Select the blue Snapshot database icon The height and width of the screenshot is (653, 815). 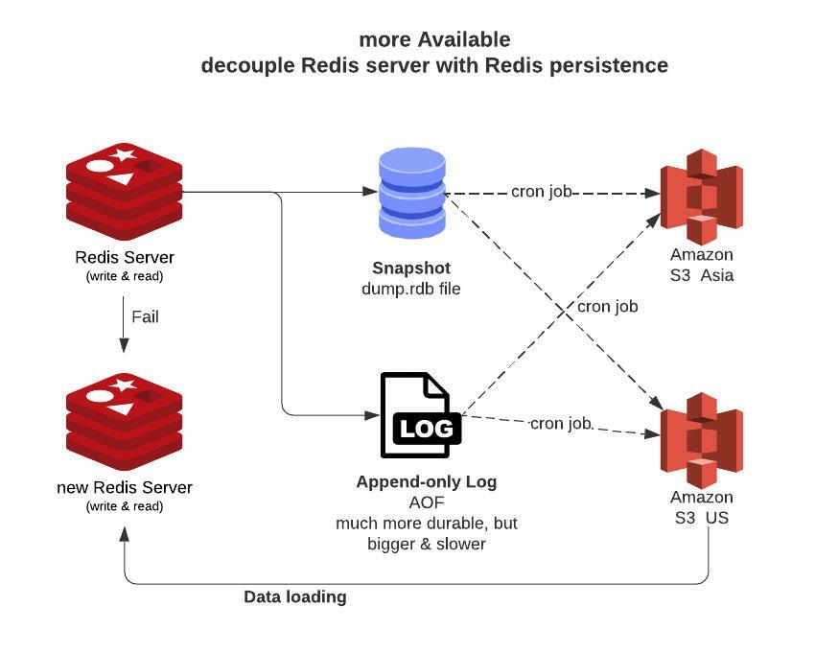pos(412,193)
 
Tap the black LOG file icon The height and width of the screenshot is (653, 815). pos(420,415)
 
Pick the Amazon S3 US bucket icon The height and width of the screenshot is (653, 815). pos(702,436)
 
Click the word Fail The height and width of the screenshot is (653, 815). pos(145,316)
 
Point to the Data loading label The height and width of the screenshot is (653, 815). pos(294,596)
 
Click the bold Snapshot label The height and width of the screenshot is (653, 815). pos(411,268)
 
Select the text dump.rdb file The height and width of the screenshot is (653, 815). pos(411,288)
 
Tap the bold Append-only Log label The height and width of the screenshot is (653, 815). pos(426,481)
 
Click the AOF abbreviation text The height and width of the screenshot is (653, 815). pos(426,502)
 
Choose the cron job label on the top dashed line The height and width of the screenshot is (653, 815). pos(541,192)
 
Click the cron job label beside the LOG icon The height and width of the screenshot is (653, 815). pos(562,423)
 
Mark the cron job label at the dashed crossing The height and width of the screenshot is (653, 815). pos(607,307)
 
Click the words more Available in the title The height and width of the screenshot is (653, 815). pos(434,39)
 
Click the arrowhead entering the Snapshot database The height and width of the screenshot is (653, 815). pos(372,192)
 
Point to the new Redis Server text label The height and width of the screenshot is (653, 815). pos(125,487)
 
